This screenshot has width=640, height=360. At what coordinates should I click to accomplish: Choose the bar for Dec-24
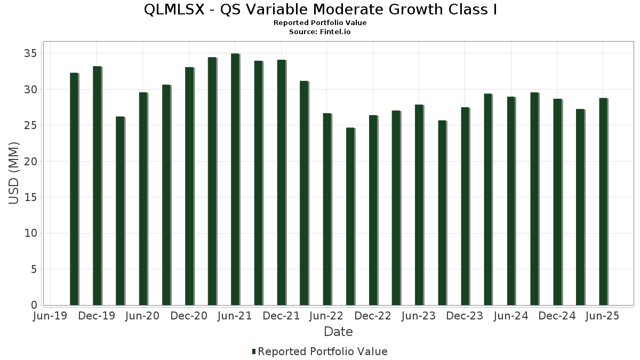pyautogui.click(x=557, y=202)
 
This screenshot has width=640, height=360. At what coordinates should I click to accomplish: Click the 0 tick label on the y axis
pyautogui.click(x=34, y=305)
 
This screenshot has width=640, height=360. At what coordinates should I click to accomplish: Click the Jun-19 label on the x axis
pyautogui.click(x=50, y=316)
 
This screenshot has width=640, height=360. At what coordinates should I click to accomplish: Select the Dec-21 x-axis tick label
pyautogui.click(x=281, y=316)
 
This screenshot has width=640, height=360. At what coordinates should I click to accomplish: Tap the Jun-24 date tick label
pyautogui.click(x=511, y=316)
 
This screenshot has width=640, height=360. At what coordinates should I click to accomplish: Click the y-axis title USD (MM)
pyautogui.click(x=14, y=173)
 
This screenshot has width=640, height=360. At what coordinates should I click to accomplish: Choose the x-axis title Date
pyautogui.click(x=338, y=332)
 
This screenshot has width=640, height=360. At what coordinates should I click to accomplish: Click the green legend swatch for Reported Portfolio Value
pyautogui.click(x=254, y=351)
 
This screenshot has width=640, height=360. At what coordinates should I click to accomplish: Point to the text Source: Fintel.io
pyautogui.click(x=320, y=32)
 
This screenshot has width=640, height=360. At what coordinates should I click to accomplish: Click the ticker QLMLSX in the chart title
pyautogui.click(x=173, y=10)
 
